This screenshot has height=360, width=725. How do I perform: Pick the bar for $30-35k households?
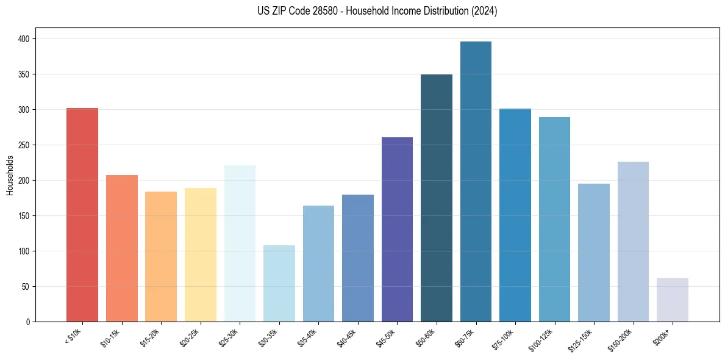click(x=279, y=284)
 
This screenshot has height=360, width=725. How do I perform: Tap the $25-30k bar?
click(x=240, y=243)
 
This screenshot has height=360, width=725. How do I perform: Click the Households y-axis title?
click(x=10, y=175)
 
